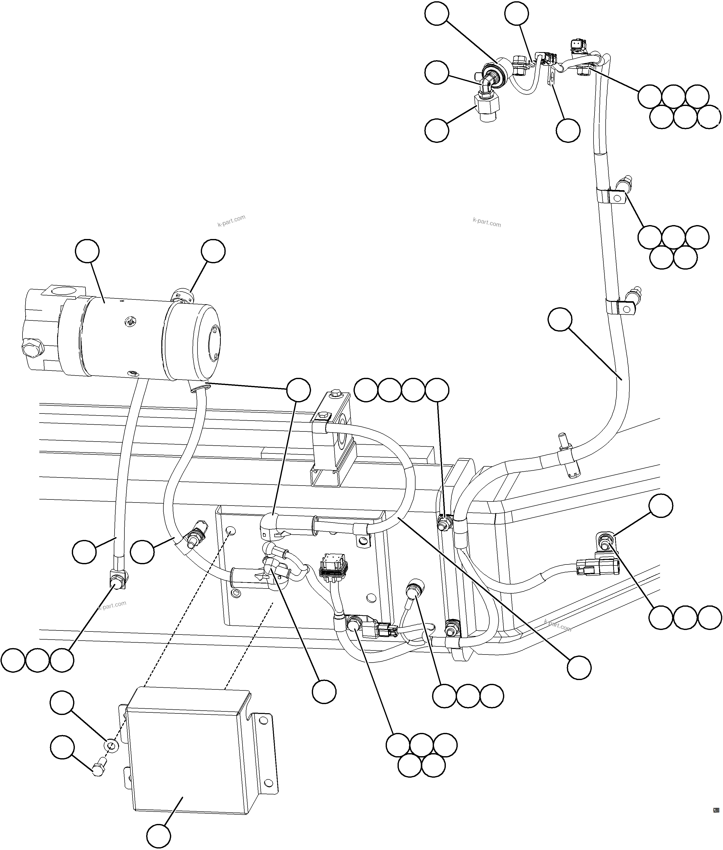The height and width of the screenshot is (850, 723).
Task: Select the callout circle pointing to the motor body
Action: pos(87,252)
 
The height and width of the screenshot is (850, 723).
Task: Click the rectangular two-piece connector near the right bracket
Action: pos(589,567)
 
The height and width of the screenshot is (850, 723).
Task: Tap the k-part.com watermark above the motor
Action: pos(232,221)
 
